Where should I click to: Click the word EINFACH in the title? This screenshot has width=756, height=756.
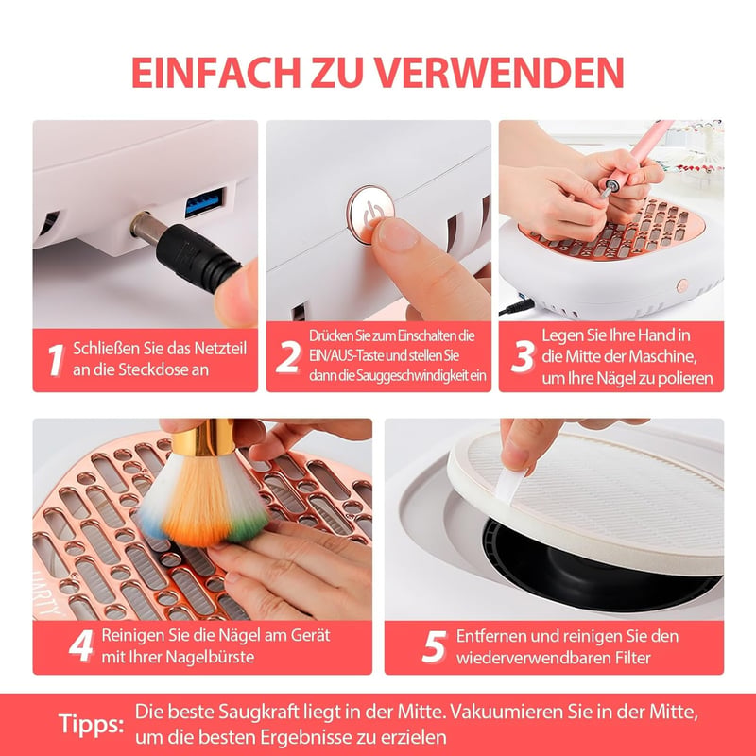pyautogui.click(x=216, y=73)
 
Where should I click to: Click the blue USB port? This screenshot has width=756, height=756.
pyautogui.click(x=205, y=201)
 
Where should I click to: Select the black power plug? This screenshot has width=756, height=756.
pyautogui.click(x=198, y=258)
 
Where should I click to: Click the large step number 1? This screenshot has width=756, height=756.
pyautogui.click(x=56, y=360)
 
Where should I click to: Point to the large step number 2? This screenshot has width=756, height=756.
pyautogui.click(x=288, y=357)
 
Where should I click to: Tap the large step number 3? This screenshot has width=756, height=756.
pyautogui.click(x=523, y=357)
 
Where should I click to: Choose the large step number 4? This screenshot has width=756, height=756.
pyautogui.click(x=81, y=645)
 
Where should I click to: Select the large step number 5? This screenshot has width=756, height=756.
pyautogui.click(x=434, y=646)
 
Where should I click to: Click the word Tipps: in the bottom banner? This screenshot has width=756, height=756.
pyautogui.click(x=91, y=725)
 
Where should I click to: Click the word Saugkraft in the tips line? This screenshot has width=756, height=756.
pyautogui.click(x=259, y=713)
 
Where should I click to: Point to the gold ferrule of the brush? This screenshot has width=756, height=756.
pyautogui.click(x=202, y=438)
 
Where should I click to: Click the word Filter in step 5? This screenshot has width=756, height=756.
pyautogui.click(x=632, y=658)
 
